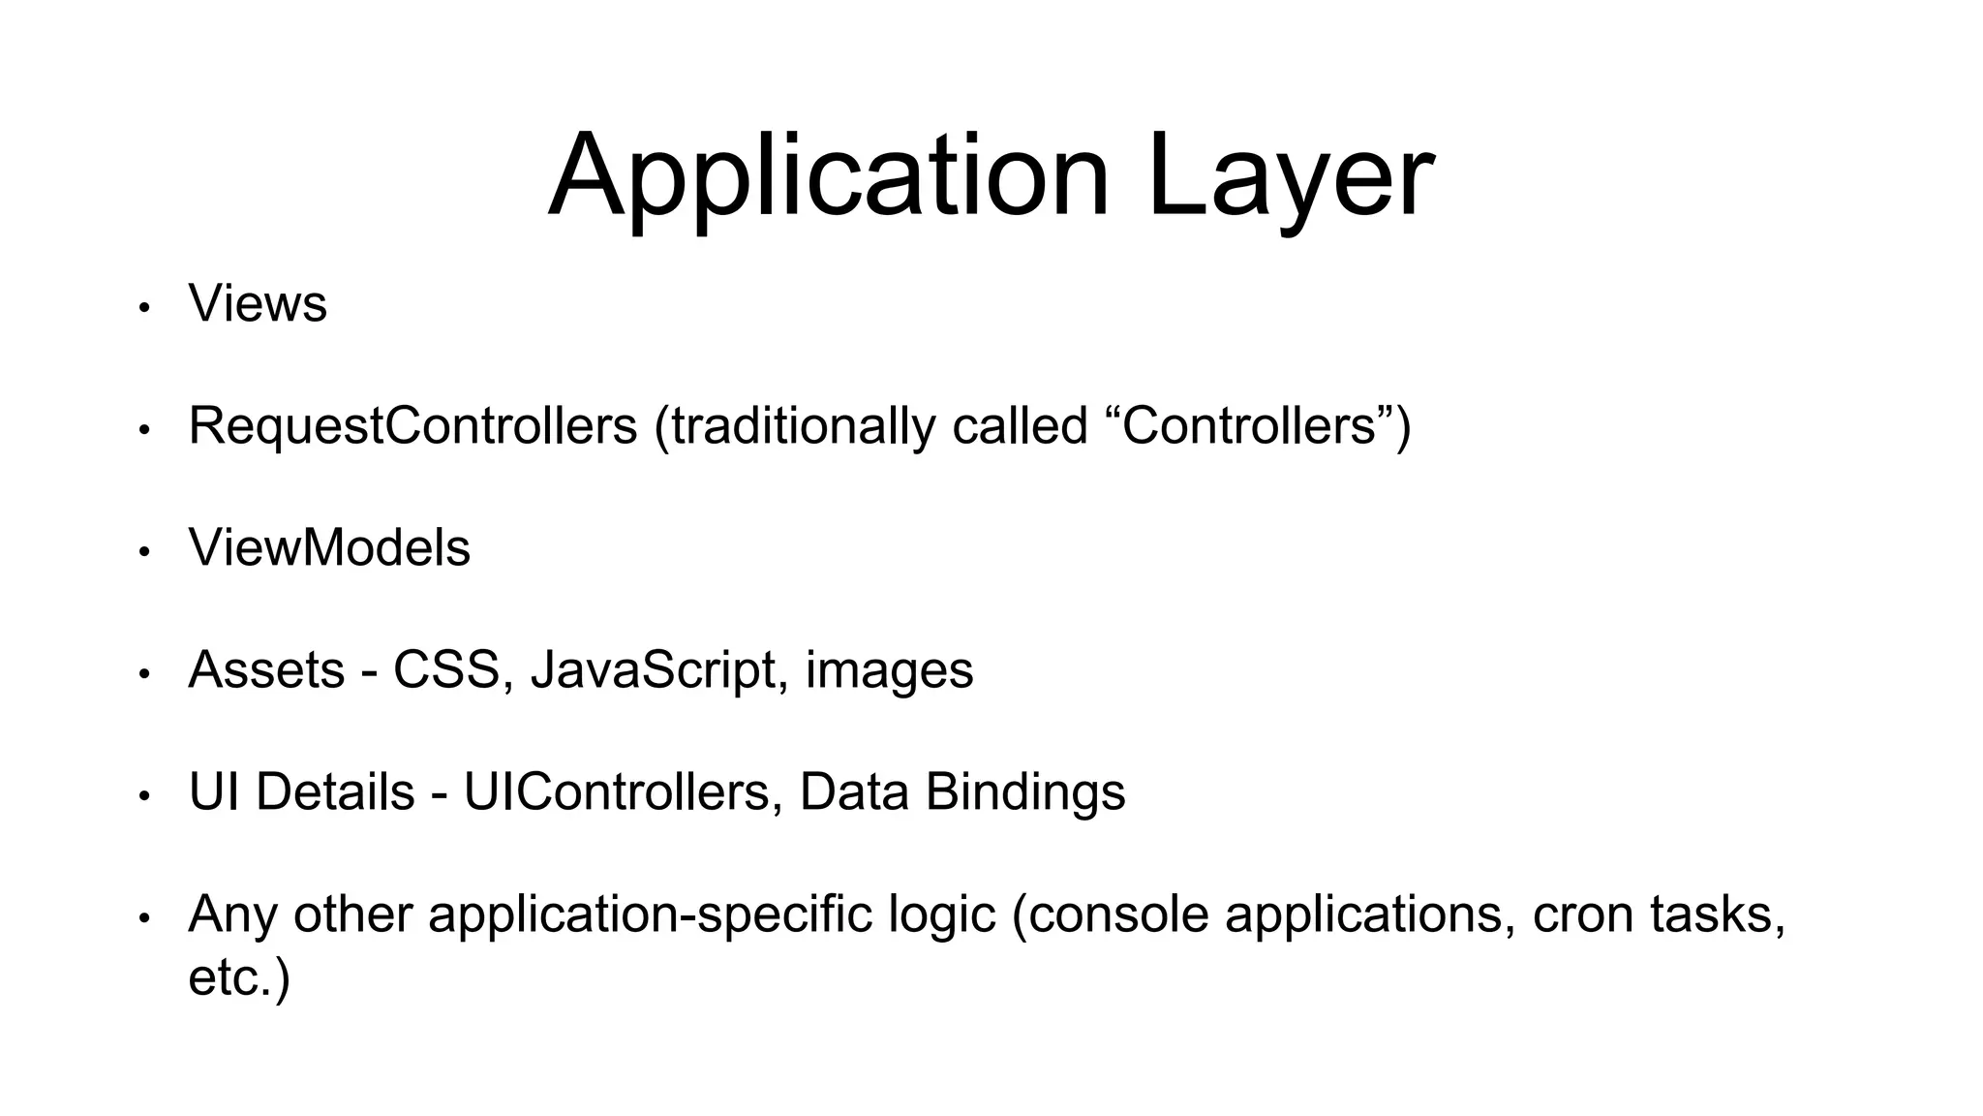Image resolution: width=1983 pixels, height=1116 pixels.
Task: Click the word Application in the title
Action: pyautogui.click(x=828, y=177)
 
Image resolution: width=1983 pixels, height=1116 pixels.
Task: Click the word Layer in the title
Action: pyautogui.click(x=1290, y=177)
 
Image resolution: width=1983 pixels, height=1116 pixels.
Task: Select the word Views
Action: pyautogui.click(x=258, y=304)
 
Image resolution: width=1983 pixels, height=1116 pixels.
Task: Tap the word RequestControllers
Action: pyautogui.click(x=412, y=426)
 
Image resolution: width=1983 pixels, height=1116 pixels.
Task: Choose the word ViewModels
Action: pyautogui.click(x=329, y=548)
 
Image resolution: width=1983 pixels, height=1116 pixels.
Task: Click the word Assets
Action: pyautogui.click(x=266, y=670)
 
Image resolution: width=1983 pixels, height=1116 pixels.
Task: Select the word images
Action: pyautogui.click(x=889, y=670)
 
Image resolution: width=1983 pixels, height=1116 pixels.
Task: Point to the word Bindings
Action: pyautogui.click(x=1025, y=792)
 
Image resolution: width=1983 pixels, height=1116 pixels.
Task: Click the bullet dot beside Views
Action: pyautogui.click(x=144, y=308)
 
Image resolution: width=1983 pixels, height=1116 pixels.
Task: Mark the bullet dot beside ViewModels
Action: pyautogui.click(x=144, y=552)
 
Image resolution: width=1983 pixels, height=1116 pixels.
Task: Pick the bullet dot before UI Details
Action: pyautogui.click(x=144, y=796)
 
